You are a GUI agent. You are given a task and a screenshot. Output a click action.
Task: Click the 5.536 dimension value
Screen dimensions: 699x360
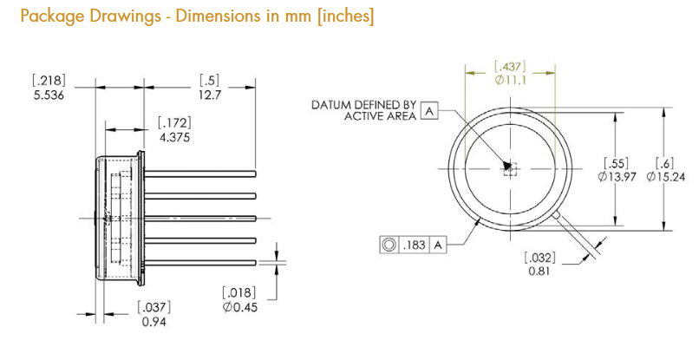[x=49, y=95]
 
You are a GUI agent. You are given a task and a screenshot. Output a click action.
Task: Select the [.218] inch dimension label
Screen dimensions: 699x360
[x=49, y=81]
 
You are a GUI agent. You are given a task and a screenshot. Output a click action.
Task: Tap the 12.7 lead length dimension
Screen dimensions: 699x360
[x=210, y=95]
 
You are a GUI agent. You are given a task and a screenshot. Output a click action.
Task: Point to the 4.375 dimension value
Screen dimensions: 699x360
[x=175, y=137]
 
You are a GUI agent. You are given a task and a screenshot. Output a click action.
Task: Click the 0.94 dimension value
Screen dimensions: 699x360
[x=154, y=321]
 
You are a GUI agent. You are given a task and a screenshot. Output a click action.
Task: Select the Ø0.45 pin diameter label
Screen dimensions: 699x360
[x=240, y=307]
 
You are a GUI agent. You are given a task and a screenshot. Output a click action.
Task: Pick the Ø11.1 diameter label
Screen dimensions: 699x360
[x=511, y=81]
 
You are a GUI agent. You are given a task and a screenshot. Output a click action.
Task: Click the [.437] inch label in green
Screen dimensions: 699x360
[x=511, y=67]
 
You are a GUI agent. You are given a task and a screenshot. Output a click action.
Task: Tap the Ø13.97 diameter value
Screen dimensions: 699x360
[x=617, y=177]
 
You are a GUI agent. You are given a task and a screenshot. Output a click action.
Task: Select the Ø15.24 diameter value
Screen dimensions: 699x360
[x=666, y=177]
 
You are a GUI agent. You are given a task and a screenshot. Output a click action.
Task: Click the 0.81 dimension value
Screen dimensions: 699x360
[x=539, y=271]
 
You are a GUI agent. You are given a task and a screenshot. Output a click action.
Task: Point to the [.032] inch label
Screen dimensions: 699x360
[x=539, y=258]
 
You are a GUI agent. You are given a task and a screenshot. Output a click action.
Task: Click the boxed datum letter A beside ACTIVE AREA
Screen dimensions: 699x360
[x=429, y=111]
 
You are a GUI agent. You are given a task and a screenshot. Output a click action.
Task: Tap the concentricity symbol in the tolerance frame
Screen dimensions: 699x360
[x=389, y=245]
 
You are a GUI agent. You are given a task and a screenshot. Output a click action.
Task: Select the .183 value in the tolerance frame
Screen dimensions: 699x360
[x=415, y=245]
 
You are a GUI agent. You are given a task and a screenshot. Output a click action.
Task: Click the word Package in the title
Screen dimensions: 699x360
[x=53, y=16]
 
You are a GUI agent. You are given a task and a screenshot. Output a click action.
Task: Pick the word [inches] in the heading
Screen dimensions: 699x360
[x=345, y=16]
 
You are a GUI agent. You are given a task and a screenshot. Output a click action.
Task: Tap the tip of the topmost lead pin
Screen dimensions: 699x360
[x=256, y=173]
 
